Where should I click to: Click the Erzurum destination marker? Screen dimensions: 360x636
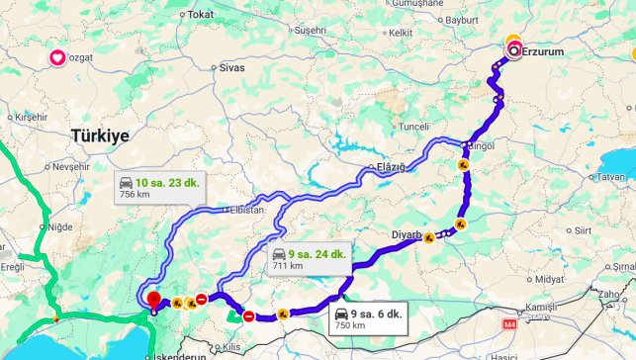(x=513, y=49)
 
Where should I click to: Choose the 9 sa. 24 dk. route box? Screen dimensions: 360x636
(x=310, y=259)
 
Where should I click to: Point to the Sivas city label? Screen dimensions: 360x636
(x=231, y=68)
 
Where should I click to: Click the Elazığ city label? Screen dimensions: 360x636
(x=391, y=167)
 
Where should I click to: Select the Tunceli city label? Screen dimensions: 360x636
(x=413, y=127)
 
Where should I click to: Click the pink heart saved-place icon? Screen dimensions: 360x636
(x=57, y=58)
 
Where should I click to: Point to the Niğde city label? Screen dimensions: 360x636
(x=61, y=226)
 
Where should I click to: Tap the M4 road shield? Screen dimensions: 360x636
(x=510, y=323)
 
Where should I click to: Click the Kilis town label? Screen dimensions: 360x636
(x=231, y=348)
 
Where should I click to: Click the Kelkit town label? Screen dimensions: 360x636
(x=400, y=33)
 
